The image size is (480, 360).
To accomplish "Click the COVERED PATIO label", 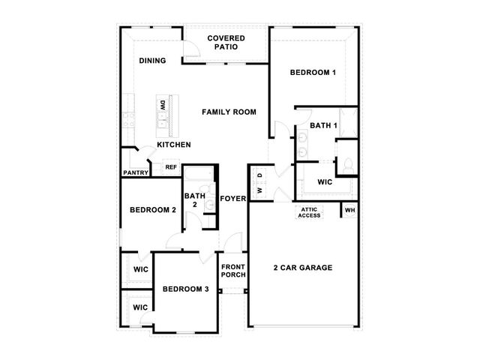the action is click(226, 43).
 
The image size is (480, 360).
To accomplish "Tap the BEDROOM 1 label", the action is click(313, 73).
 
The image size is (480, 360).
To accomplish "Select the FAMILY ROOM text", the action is click(229, 112).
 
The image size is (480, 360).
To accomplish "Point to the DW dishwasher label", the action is click(163, 106).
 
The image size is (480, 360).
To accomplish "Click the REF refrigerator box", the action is click(171, 167).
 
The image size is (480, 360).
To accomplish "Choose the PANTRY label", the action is click(136, 172).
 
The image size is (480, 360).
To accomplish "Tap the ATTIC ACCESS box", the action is click(309, 212).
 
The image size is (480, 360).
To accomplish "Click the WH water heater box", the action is click(350, 210).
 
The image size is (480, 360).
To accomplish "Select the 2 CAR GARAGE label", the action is click(303, 268).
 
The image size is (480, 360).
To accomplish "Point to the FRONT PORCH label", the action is click(233, 271).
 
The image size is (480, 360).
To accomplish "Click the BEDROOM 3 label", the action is click(185, 289).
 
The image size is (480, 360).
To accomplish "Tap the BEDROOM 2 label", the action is click(153, 210).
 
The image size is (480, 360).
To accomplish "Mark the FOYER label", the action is click(233, 199).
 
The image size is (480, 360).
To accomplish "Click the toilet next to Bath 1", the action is click(348, 166).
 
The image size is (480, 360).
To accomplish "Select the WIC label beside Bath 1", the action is click(325, 182).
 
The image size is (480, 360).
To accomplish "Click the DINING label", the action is click(152, 61).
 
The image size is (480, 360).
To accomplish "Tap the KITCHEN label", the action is click(174, 145).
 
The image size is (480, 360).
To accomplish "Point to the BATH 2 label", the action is click(195, 200).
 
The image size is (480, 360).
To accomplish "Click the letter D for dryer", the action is click(260, 175).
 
